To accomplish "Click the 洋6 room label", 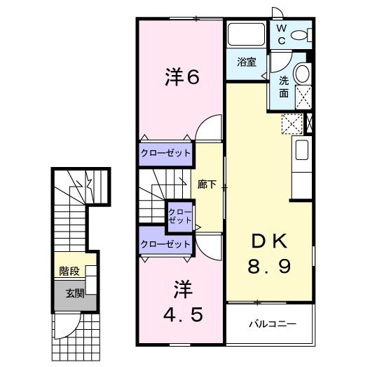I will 183,78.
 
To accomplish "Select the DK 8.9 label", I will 269,253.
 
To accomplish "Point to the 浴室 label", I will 246,62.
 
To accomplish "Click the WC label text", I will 280,34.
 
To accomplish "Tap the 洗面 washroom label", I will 284,86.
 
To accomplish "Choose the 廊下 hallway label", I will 207,185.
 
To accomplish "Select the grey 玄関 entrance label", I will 74,293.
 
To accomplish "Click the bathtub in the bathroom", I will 246,35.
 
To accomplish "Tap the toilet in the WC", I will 302,34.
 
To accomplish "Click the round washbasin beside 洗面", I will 303,73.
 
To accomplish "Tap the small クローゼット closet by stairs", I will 179,216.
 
